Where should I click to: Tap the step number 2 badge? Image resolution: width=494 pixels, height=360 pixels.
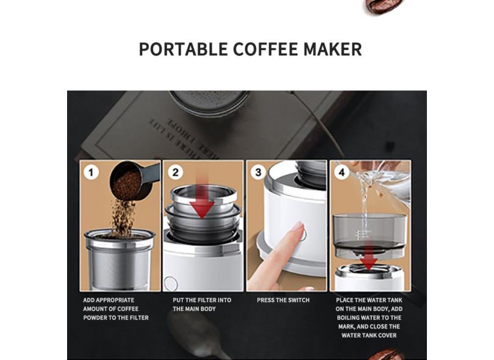(x=175, y=172)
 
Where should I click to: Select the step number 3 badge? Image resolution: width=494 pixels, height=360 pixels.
(x=258, y=172)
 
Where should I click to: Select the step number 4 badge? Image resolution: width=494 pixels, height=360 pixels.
(x=342, y=173)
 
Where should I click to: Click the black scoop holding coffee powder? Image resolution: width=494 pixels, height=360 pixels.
(x=129, y=179)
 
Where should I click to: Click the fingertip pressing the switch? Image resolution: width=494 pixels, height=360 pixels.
(x=297, y=228)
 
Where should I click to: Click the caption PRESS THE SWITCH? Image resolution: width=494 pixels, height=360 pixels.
(x=283, y=300)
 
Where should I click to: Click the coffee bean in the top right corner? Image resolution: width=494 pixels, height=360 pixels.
(x=378, y=6)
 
